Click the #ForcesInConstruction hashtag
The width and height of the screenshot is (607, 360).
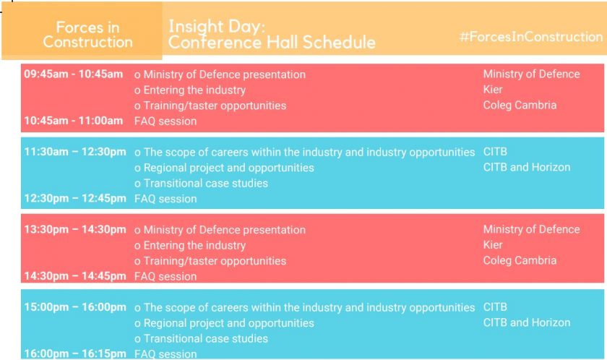pos(530,37)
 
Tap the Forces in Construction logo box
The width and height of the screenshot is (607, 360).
pos(82,30)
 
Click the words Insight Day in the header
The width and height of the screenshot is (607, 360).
pos(217,26)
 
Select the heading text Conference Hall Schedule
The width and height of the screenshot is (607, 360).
pos(272,42)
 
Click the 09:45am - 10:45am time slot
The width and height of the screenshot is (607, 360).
pos(73,74)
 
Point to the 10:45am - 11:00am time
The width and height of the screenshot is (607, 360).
pos(73,121)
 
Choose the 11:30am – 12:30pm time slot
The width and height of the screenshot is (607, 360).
pos(75,152)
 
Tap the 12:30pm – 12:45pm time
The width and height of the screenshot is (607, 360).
pos(75,198)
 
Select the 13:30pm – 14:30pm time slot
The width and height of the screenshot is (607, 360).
pos(75,229)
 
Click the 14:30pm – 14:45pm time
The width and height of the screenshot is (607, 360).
pos(75,276)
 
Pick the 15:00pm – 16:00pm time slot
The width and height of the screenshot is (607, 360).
pos(75,307)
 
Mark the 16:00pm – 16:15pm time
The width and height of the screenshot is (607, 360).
pos(75,353)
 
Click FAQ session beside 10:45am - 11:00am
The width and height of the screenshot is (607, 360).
pos(165,121)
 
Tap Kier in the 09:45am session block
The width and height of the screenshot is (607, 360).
pos(492,90)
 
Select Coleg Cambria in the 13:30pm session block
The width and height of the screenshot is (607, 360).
pos(520,260)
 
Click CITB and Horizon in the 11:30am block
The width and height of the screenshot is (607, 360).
pos(527,167)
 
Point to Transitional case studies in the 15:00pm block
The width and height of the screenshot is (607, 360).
pos(205,339)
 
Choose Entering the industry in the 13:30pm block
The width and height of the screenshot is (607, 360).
pos(194,245)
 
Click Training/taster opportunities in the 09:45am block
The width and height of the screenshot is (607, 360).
pos(215,106)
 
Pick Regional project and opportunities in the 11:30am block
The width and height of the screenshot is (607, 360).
pos(229,168)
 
